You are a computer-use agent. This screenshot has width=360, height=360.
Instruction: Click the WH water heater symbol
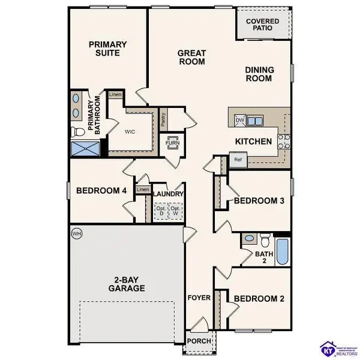76,232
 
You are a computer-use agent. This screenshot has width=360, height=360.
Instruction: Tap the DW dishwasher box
240,121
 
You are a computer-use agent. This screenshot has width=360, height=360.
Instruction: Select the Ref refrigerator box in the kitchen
238,160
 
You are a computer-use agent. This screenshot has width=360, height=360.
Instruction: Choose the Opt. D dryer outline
160,211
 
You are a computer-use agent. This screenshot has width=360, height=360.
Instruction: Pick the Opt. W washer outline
176,211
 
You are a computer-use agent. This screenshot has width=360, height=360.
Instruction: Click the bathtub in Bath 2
283,252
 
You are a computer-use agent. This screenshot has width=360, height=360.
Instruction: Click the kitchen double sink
255,121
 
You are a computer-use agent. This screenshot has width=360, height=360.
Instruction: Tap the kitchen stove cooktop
284,142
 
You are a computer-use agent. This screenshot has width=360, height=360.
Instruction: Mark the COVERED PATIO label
262,24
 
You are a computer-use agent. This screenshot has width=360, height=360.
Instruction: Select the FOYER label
199,298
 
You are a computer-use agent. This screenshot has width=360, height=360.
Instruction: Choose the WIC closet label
130,132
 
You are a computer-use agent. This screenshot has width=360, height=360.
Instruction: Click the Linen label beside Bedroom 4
142,190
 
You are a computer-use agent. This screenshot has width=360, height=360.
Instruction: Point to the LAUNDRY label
168,194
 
